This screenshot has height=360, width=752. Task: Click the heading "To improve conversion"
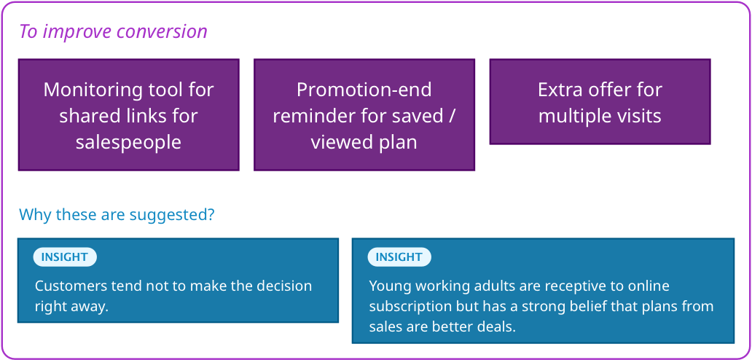pyautogui.click(x=113, y=32)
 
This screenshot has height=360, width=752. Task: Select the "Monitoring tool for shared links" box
pyautogui.click(x=128, y=114)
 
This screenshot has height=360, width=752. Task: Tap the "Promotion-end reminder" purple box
pyautogui.click(x=364, y=114)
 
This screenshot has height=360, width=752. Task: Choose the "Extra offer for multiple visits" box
pyautogui.click(x=600, y=101)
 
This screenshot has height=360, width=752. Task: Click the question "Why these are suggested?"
pyautogui.click(x=117, y=215)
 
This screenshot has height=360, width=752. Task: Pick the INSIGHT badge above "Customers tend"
pyautogui.click(x=65, y=257)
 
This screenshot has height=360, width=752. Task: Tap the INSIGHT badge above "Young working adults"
pyautogui.click(x=399, y=257)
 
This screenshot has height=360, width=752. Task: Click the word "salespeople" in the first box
pyautogui.click(x=128, y=142)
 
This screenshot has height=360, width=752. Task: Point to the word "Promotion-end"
pyautogui.click(x=364, y=90)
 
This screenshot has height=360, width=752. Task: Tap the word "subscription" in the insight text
pyautogui.click(x=410, y=307)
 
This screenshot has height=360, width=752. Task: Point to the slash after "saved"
pyautogui.click(x=450, y=117)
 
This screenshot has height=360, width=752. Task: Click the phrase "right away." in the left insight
pyautogui.click(x=72, y=307)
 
